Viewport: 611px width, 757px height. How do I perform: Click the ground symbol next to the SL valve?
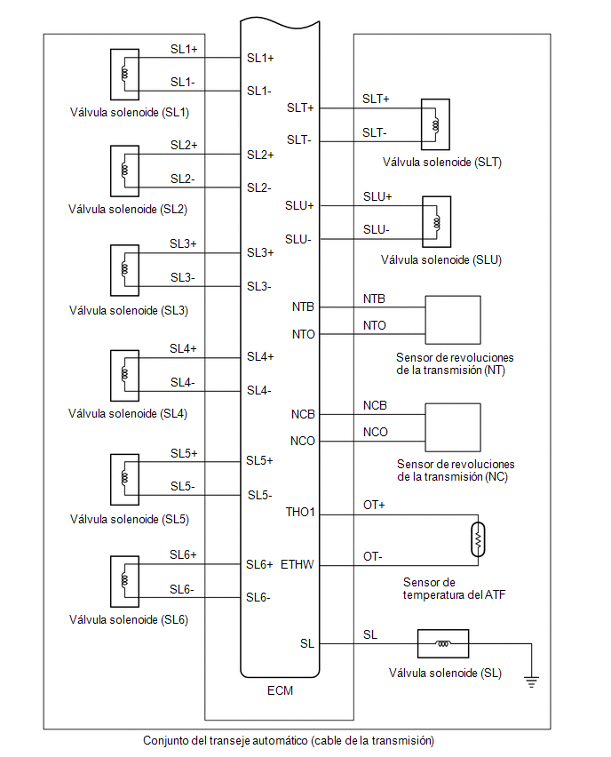pyautogui.click(x=531, y=682)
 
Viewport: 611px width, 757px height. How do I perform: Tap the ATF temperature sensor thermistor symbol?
pyautogui.click(x=478, y=539)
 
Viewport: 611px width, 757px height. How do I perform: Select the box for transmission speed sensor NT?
pyautogui.click(x=453, y=320)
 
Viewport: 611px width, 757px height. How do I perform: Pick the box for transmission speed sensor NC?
pyautogui.click(x=453, y=427)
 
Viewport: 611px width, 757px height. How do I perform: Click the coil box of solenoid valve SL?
pyautogui.click(x=442, y=643)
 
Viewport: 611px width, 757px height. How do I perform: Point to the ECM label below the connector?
pyautogui.click(x=280, y=690)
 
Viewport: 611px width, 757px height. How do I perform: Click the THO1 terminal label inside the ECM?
pyautogui.click(x=300, y=512)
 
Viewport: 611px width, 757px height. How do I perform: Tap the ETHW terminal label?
pyautogui.click(x=298, y=564)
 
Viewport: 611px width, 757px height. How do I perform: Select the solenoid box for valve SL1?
pyautogui.click(x=124, y=75)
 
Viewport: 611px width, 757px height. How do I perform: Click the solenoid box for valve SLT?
pyautogui.click(x=435, y=124)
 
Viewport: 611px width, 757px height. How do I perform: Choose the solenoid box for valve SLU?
pyautogui.click(x=437, y=221)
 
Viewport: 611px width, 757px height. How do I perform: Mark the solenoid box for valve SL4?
pyautogui.click(x=124, y=376)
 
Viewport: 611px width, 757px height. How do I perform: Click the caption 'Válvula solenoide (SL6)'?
pyautogui.click(x=129, y=619)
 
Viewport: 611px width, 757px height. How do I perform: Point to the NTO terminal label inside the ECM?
pyautogui.click(x=303, y=334)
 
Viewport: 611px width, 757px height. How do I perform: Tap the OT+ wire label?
pyautogui.click(x=374, y=505)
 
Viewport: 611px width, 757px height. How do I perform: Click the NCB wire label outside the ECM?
pyautogui.click(x=375, y=405)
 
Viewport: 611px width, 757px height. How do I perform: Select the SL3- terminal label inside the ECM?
pyautogui.click(x=259, y=286)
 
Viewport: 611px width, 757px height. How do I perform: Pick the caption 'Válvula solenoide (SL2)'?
pyautogui.click(x=127, y=209)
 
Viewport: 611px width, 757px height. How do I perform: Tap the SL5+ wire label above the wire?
pyautogui.click(x=184, y=453)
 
